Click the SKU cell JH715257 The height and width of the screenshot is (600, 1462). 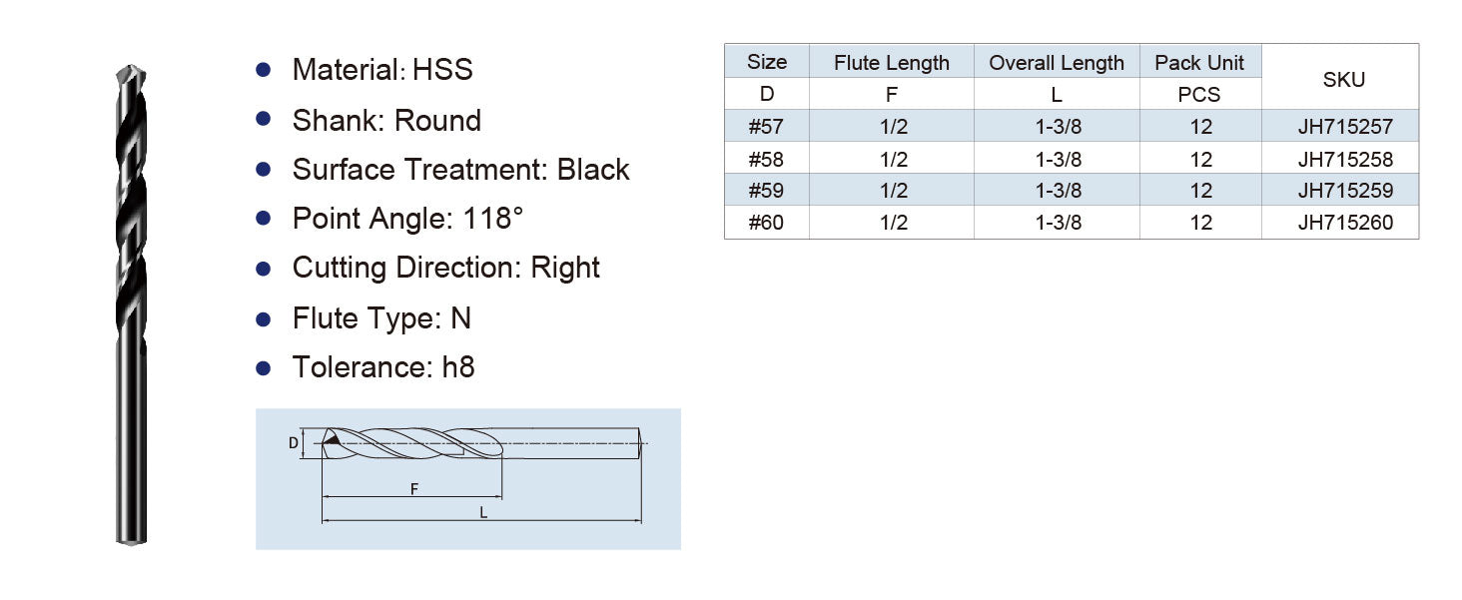1344,126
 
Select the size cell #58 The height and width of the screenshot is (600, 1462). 766,159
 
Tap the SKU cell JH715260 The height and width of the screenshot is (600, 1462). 1344,223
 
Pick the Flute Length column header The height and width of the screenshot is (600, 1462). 892,63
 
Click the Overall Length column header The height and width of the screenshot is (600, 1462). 1056,63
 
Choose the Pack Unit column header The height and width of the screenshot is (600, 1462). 1199,63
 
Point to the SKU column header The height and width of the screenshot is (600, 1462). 1344,80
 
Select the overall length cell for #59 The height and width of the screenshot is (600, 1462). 1058,191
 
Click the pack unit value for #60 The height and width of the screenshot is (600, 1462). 1200,223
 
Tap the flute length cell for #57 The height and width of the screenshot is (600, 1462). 894,126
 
